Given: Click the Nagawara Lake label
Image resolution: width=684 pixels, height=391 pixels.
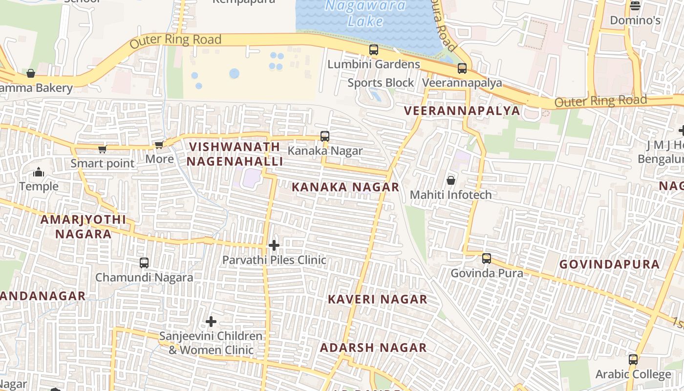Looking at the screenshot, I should tap(365, 13).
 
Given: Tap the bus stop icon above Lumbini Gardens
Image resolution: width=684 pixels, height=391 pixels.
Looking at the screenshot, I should tap(374, 50).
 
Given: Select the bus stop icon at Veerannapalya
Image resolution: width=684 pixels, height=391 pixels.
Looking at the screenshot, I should tap(462, 68).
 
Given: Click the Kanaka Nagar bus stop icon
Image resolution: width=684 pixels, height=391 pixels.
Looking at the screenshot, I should tap(325, 136).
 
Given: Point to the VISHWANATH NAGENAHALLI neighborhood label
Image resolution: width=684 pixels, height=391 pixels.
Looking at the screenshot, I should tap(235, 154).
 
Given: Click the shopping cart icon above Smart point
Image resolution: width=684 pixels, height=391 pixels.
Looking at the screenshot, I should tap(102, 149).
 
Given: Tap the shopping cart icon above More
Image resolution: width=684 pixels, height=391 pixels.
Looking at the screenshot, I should tap(159, 145).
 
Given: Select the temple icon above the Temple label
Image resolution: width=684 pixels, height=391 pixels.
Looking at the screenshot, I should tap(39, 172).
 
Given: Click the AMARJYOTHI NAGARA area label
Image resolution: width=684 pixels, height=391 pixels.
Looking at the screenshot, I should tap(83, 227).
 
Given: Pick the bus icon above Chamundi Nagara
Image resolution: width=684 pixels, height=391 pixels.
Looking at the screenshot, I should tap(144, 263).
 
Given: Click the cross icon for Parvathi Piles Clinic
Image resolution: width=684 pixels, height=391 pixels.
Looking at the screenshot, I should tap(274, 245).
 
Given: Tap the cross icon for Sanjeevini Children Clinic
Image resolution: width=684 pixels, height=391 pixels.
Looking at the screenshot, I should tap(211, 322).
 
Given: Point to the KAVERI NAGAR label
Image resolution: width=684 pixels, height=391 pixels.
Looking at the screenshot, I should tap(377, 299).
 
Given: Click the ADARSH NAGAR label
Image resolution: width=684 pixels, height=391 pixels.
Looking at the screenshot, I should tap(373, 348).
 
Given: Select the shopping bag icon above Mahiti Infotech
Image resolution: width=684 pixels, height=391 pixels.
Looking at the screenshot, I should tap(451, 180).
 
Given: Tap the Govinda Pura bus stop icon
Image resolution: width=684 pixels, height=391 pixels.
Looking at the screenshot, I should tap(487, 259).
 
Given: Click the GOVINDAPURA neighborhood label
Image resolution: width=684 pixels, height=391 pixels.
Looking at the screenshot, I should tap(609, 264).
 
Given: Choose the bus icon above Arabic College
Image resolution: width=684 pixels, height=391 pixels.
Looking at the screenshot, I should tap(633, 360).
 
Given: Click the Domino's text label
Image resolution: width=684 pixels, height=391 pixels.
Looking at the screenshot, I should tap(635, 21).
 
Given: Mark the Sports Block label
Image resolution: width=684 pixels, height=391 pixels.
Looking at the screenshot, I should tap(381, 83).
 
